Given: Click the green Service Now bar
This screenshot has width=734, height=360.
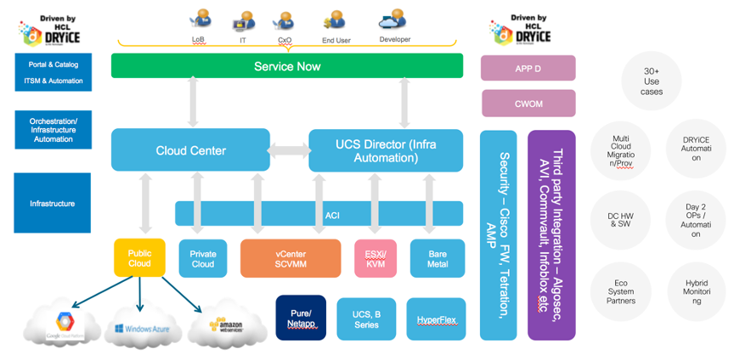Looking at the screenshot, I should coord(286,65).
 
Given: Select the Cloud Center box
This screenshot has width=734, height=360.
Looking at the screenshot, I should coord(190,150).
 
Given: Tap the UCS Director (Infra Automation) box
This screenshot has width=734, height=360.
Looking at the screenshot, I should coord(386,149).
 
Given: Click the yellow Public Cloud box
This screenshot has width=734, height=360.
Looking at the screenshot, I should coord(139,258).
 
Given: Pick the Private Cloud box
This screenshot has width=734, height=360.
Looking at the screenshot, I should coord(203,258).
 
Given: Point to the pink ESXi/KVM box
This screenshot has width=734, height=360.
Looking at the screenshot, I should coord(375,258).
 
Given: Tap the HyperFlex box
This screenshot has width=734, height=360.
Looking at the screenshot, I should coord(436,319).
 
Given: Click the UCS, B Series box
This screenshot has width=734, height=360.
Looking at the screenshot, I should coord(366,319).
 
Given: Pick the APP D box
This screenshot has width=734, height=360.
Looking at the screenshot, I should coord(528,68).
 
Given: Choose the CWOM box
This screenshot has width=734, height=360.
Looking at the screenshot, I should coord(528,103).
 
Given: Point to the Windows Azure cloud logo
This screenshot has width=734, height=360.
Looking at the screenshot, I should coord(143,327).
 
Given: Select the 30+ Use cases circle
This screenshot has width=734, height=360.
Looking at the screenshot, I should coord(652,81).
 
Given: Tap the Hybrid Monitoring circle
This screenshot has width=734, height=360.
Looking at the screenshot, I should coord(696,293).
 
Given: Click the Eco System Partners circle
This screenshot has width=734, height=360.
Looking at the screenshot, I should coord(621,293).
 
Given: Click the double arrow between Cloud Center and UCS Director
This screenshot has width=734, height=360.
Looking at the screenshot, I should coord(289,151).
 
